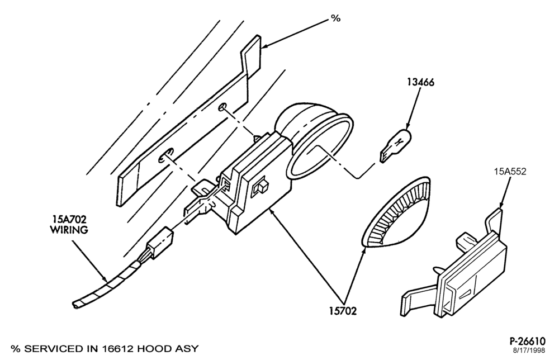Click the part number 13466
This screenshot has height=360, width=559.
[x=421, y=82]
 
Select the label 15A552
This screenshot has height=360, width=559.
[x=510, y=172]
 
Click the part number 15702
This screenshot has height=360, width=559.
[x=343, y=311]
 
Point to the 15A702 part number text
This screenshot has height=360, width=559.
[x=69, y=219]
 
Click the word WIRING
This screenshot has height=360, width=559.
[x=69, y=230]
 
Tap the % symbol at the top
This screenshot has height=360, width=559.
[x=336, y=18]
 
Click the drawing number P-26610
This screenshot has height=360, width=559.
[x=527, y=341]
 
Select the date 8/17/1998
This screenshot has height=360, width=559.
[x=529, y=350]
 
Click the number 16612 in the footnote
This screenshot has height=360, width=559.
[x=115, y=349]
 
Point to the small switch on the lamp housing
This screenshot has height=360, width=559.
[x=260, y=188]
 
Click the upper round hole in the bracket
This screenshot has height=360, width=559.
[x=222, y=107]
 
